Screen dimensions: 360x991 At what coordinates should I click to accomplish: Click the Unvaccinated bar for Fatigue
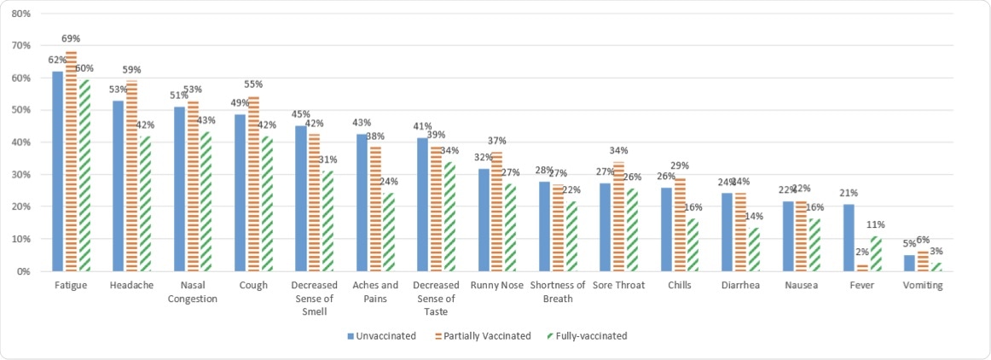pos(57,171)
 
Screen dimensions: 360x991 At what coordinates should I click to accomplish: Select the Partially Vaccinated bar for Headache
pos(131,176)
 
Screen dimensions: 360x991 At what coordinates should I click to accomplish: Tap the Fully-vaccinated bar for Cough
pos(268,204)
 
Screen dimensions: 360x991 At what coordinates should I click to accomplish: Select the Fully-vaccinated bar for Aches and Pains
pos(390,232)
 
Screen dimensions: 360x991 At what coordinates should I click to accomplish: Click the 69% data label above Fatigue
pos(71,39)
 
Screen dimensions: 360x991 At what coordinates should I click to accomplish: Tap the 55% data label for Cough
pos(253,84)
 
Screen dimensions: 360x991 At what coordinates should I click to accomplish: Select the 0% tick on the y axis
pos(24,271)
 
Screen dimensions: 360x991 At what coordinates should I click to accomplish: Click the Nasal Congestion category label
pos(193,292)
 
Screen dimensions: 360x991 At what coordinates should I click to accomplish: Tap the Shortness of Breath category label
pos(558,292)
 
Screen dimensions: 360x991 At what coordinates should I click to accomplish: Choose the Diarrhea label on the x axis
pos(740,286)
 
